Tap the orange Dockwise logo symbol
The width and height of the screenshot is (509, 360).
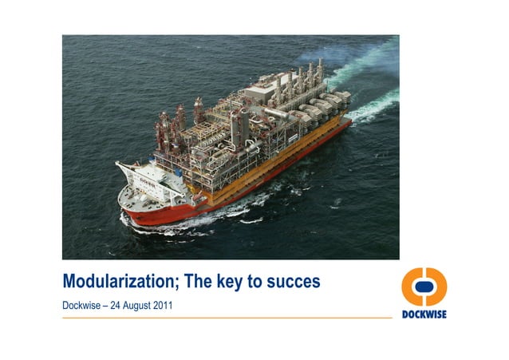pyautogui.click(x=424, y=287)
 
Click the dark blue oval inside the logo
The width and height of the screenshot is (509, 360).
pyautogui.click(x=424, y=287)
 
